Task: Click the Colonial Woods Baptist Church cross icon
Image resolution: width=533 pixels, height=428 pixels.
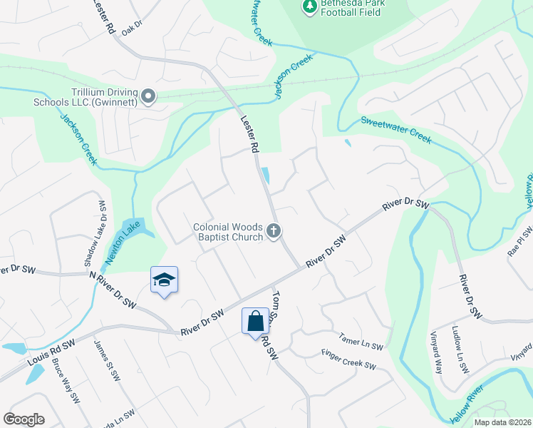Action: coord(274,230)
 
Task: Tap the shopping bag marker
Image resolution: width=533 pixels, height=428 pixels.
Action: coord(255,321)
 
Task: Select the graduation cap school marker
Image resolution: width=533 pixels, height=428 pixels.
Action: coord(164,280)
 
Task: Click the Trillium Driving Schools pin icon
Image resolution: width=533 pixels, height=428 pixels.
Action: coord(148,96)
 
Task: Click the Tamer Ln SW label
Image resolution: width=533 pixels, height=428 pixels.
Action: coord(361,342)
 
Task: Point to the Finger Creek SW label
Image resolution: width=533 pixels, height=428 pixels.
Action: coord(348,359)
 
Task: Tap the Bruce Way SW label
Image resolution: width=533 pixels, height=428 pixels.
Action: coord(65,380)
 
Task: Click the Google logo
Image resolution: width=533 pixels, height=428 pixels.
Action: coord(24,419)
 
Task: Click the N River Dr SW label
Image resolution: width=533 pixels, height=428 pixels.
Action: coord(111,288)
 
